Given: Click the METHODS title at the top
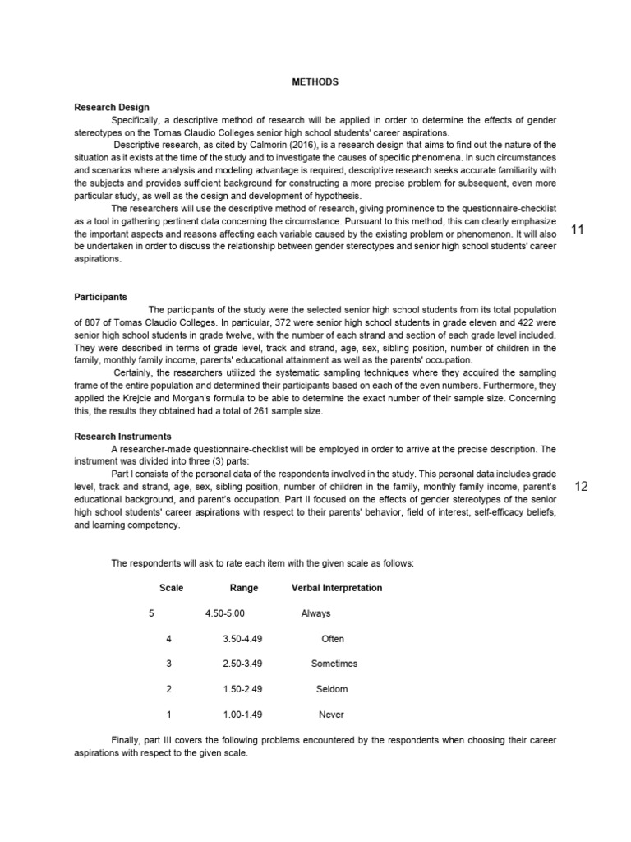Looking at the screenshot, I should pyautogui.click(x=315, y=82).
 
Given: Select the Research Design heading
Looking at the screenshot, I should pyautogui.click(x=112, y=107).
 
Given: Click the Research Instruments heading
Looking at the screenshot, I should pyautogui.click(x=122, y=437).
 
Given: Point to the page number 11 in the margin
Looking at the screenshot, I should pyautogui.click(x=577, y=229).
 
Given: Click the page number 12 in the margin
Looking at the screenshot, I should pyautogui.click(x=582, y=487).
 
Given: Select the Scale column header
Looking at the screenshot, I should pyautogui.click(x=171, y=588).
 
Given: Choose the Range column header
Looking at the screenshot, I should pyautogui.click(x=244, y=588).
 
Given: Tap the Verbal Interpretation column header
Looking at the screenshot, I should pyautogui.click(x=337, y=588).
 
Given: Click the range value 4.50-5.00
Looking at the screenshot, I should pyautogui.click(x=225, y=613).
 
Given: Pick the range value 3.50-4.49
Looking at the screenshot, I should pyautogui.click(x=242, y=639).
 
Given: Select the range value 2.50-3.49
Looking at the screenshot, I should pyautogui.click(x=242, y=664).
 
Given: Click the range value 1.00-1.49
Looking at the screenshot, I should pyautogui.click(x=242, y=715).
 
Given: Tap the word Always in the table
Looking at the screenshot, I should pyautogui.click(x=316, y=613).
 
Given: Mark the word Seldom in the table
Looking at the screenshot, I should pyautogui.click(x=332, y=689).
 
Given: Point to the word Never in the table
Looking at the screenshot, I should pyautogui.click(x=332, y=715).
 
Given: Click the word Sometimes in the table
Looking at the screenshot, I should pyautogui.click(x=334, y=664).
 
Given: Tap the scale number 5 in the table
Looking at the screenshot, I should pyautogui.click(x=151, y=613).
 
